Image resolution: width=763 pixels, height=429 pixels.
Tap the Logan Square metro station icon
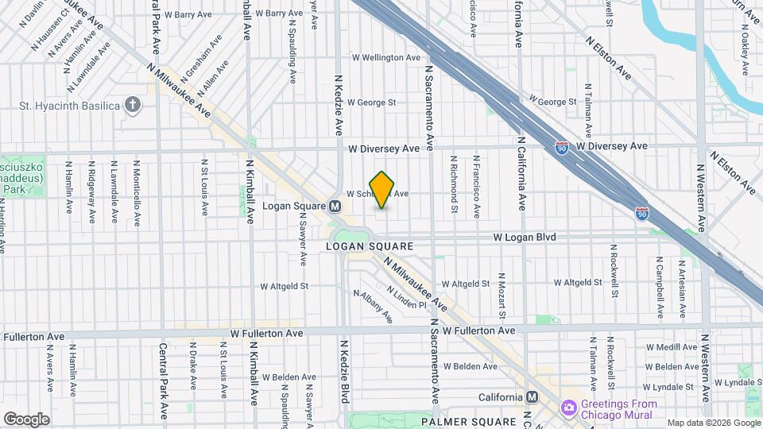coord(335,206)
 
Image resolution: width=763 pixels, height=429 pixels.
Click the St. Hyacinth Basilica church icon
coord(133,106)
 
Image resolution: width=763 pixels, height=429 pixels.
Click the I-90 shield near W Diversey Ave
coord(562,147)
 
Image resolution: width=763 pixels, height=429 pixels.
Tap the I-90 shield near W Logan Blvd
coord(641,213)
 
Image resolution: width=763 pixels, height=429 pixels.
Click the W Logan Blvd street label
coord(525,237)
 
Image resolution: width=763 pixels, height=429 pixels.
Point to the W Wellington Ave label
coord(385,57)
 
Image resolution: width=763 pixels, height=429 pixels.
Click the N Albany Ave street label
coord(374,307)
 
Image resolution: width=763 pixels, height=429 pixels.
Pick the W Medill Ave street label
coord(672,347)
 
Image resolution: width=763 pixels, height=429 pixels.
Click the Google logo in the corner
coord(26,419)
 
